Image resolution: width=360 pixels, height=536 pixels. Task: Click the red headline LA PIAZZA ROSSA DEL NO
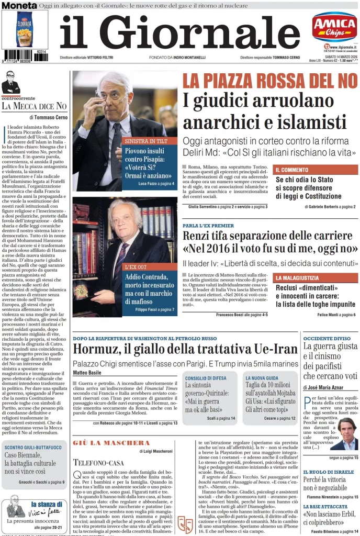coord(269,81)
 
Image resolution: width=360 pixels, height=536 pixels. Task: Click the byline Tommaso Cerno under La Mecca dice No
coord(52,117)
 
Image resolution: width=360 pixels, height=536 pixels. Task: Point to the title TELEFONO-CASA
coord(98,462)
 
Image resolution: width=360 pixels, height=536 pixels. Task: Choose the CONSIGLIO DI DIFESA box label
coord(206,377)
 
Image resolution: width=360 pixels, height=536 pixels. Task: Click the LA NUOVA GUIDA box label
coord(263,377)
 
